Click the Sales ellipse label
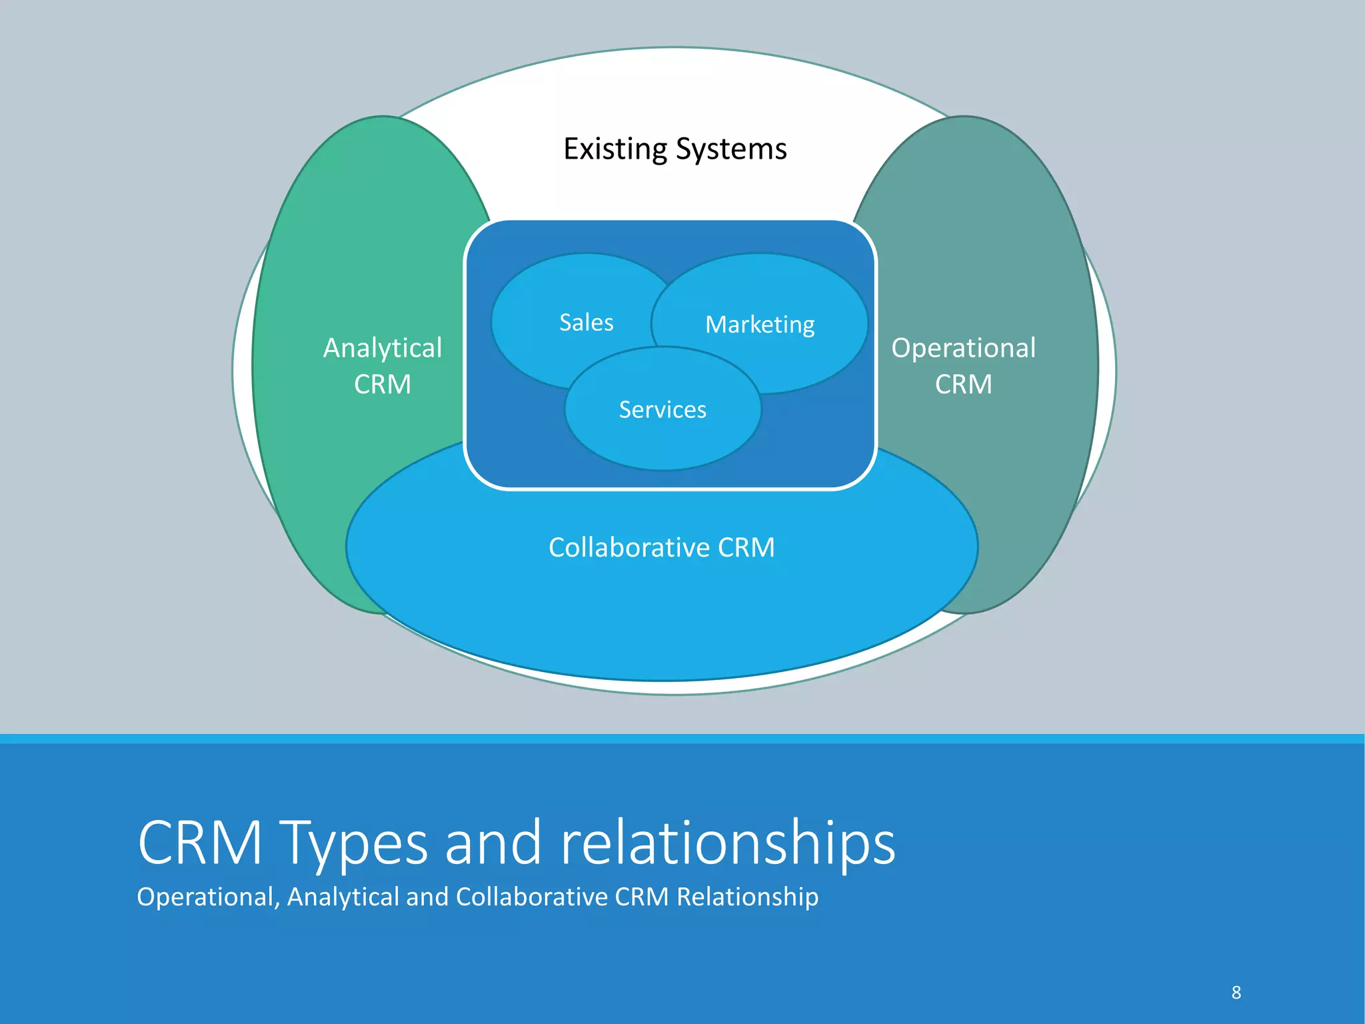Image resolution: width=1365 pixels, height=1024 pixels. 586,323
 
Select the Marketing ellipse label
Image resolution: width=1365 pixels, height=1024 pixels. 760,325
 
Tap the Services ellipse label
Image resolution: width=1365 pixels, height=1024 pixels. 663,409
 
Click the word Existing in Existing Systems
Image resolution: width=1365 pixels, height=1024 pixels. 615,149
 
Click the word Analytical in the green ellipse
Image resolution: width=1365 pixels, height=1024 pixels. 383,348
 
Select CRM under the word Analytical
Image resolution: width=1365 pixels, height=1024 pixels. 383,385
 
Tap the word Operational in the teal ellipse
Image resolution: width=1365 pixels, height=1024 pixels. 963,348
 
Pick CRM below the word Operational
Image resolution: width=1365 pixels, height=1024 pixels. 963,385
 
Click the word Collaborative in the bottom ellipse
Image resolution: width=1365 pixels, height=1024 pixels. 629,547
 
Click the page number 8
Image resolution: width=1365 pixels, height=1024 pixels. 1236,993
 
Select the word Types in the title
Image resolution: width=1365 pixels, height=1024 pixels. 353,843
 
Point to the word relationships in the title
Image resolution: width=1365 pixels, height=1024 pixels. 728,843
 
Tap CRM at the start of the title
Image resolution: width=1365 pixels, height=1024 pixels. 200,843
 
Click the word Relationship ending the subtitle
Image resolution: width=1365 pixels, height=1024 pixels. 747,897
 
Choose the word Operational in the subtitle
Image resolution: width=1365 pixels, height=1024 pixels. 207,897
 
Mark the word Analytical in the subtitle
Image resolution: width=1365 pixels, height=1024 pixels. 343,897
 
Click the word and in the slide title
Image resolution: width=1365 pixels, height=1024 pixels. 493,843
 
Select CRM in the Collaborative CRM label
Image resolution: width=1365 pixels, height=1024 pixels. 746,547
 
